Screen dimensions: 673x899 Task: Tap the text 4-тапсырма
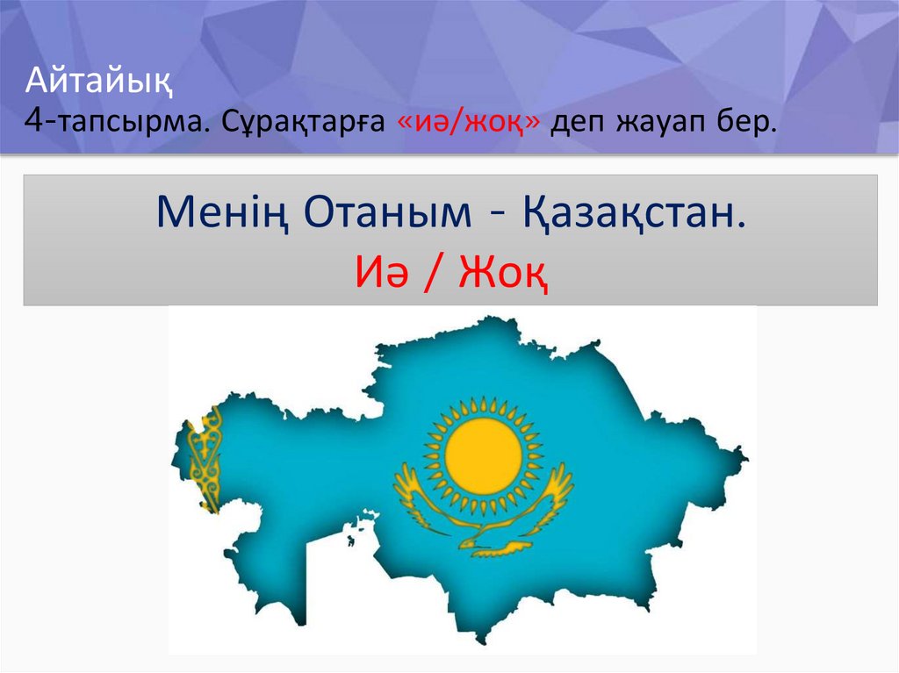pos(117,123)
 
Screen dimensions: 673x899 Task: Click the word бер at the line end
pos(752,123)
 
